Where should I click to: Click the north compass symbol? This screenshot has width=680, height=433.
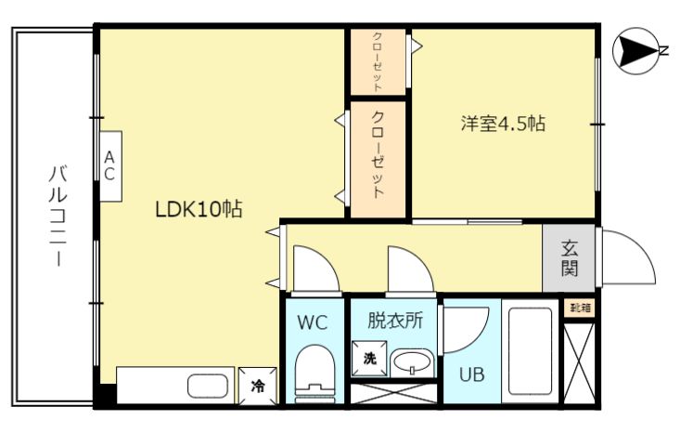635,51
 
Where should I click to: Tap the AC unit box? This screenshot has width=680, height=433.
110,166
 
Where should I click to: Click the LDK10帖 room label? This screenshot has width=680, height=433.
199,209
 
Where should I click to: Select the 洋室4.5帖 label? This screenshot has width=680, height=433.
503,124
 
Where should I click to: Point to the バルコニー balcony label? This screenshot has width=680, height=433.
58,216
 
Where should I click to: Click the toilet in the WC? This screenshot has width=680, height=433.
314,371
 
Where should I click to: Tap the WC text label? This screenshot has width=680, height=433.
313,322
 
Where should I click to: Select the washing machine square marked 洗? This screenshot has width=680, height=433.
368,359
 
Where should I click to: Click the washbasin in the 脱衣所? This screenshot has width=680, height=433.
412,362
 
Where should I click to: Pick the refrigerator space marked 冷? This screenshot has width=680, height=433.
258,386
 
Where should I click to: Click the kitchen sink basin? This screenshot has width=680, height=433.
208,386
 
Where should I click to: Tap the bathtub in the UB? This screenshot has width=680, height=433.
530,350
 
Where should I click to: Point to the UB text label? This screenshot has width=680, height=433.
472,374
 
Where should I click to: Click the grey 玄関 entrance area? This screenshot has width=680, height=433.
569,258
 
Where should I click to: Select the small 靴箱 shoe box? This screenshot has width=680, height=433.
580,308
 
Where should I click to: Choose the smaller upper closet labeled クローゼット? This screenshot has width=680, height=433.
378,62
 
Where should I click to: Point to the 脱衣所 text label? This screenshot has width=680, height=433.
395,321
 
